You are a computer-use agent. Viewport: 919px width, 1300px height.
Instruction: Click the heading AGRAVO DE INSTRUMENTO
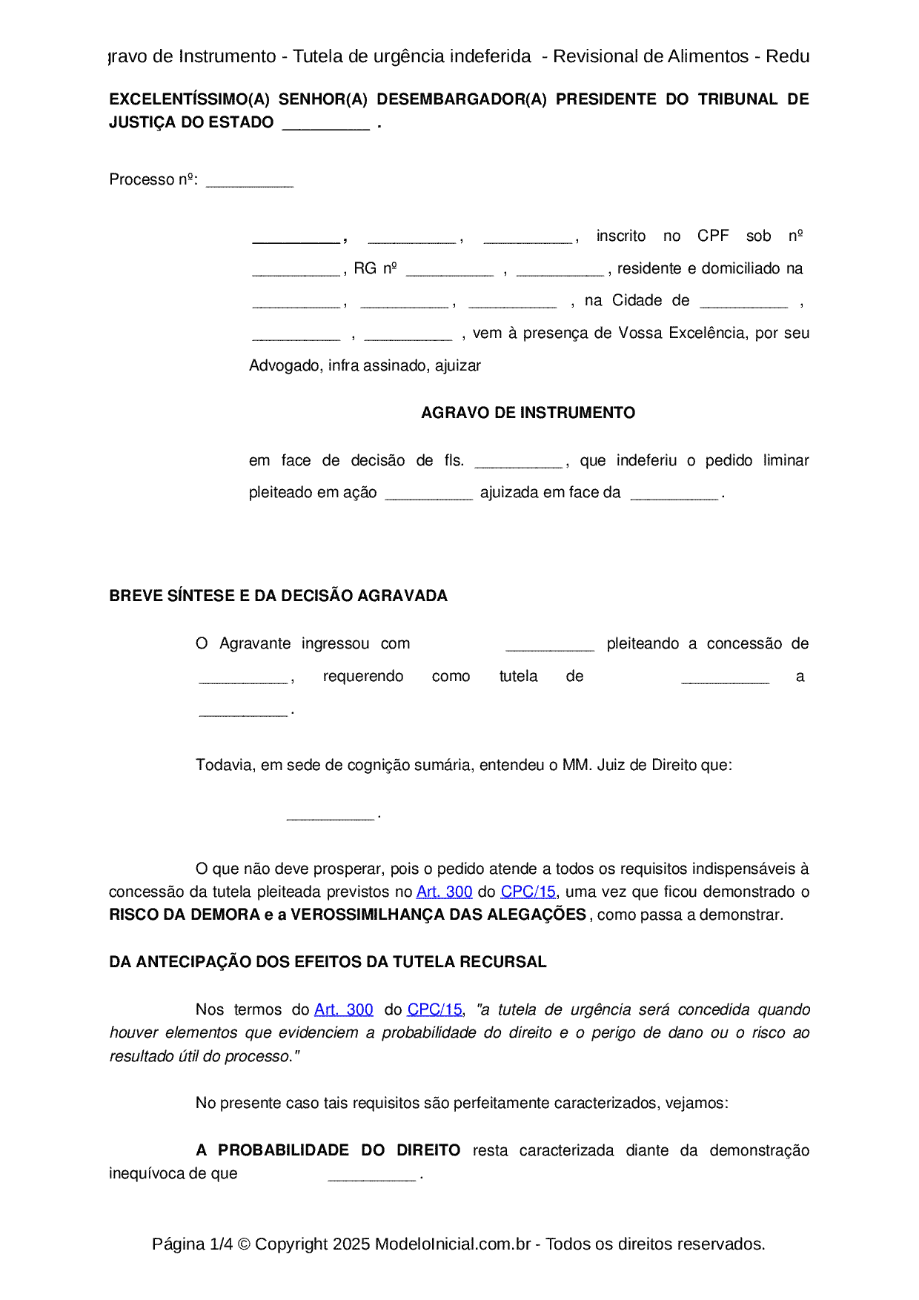coord(528,413)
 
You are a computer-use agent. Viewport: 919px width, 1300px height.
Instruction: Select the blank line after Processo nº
coord(249,183)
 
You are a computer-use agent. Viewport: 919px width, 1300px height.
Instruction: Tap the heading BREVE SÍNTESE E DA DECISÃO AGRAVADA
coord(278,596)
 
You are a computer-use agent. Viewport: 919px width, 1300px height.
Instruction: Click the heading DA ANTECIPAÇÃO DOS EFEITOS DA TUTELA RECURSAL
coord(328,962)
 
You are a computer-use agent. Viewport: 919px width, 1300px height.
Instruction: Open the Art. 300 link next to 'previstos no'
coord(444,892)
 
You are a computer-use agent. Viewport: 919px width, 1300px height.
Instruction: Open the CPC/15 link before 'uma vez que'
coord(528,892)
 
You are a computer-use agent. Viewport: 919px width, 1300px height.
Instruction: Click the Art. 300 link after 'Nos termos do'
coord(344,1009)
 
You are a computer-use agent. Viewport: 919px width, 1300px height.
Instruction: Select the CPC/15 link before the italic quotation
coord(435,1009)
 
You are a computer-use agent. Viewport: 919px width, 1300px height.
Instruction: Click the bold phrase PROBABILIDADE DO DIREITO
coord(339,1150)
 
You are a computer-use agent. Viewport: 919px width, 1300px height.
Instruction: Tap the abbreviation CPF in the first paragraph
coord(713,236)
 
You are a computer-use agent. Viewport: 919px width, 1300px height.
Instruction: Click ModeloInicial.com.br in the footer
coord(452,1244)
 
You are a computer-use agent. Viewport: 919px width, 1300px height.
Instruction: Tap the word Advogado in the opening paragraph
coord(285,365)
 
